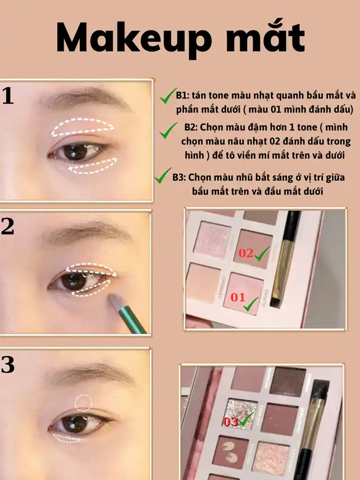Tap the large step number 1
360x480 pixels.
(x=8, y=96)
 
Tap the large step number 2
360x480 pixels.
(x=7, y=227)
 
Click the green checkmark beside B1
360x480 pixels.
(x=168, y=96)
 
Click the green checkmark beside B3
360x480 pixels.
(x=163, y=176)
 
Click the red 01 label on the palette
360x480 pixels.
(x=238, y=297)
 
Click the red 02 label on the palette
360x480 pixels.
(x=246, y=253)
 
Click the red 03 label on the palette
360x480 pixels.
(x=231, y=421)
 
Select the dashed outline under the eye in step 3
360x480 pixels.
(x=66, y=439)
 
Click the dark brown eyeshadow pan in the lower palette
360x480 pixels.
(x=288, y=381)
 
